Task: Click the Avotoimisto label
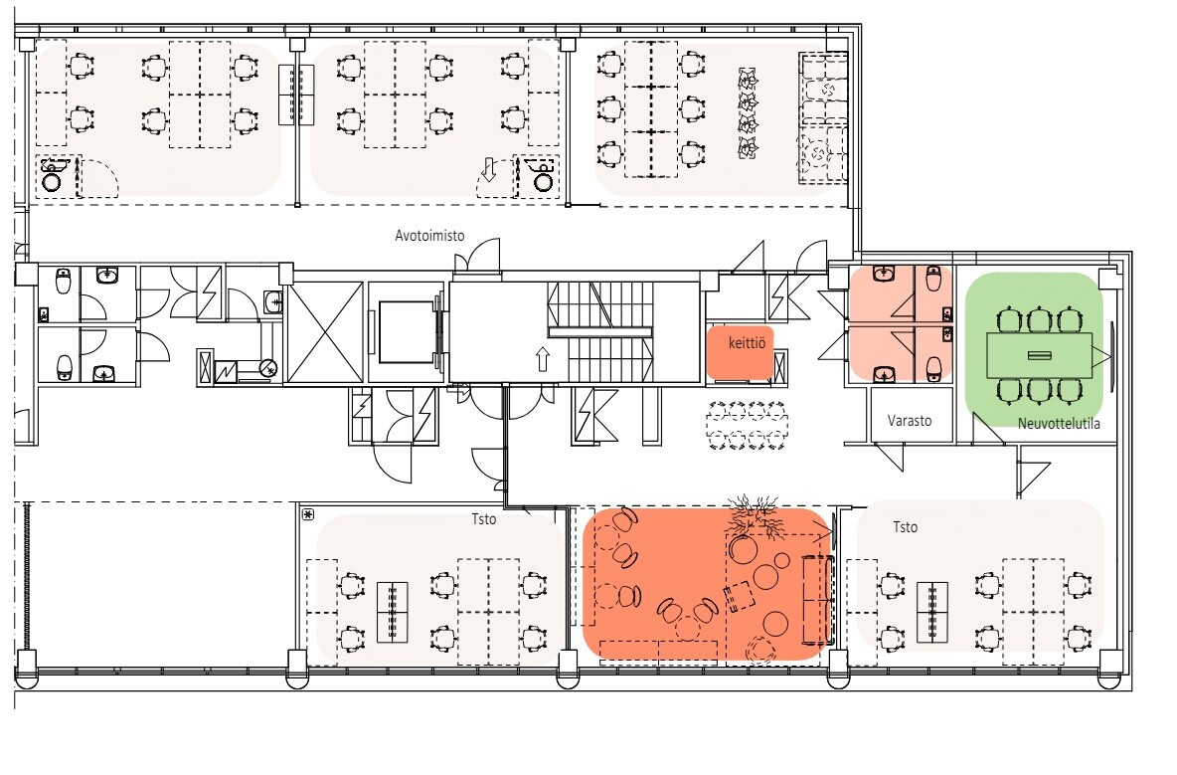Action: pos(429,236)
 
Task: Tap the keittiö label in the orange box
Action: pos(747,343)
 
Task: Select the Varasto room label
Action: pos(909,421)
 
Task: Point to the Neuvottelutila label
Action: pos(1059,424)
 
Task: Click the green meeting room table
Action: pos(1039,356)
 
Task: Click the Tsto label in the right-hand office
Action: pos(906,527)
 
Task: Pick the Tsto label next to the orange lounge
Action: pos(484,519)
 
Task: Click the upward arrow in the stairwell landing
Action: pos(543,359)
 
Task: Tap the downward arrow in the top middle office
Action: pos(489,170)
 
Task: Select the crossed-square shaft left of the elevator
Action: pos(325,332)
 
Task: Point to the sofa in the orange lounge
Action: pos(817,599)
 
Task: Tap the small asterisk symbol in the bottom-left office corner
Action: pos(308,515)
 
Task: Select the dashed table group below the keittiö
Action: pos(747,426)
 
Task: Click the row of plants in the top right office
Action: pos(748,112)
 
